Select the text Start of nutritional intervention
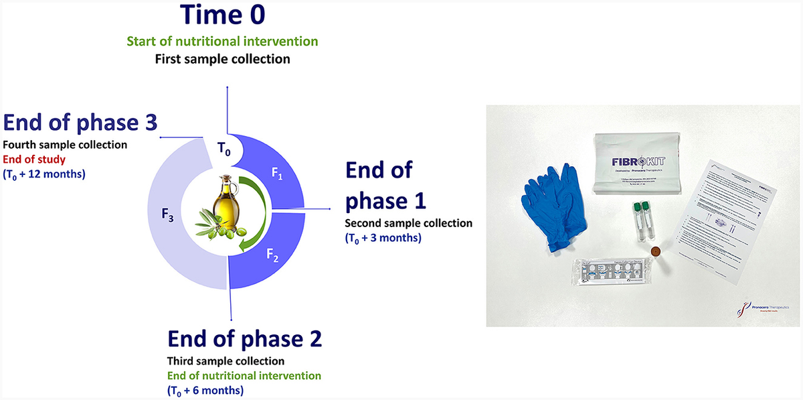pyautogui.click(x=231, y=42)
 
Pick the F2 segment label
pyautogui.click(x=272, y=256)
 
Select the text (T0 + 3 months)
pyautogui.click(x=383, y=238)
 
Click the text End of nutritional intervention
pyautogui.click(x=244, y=376)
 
